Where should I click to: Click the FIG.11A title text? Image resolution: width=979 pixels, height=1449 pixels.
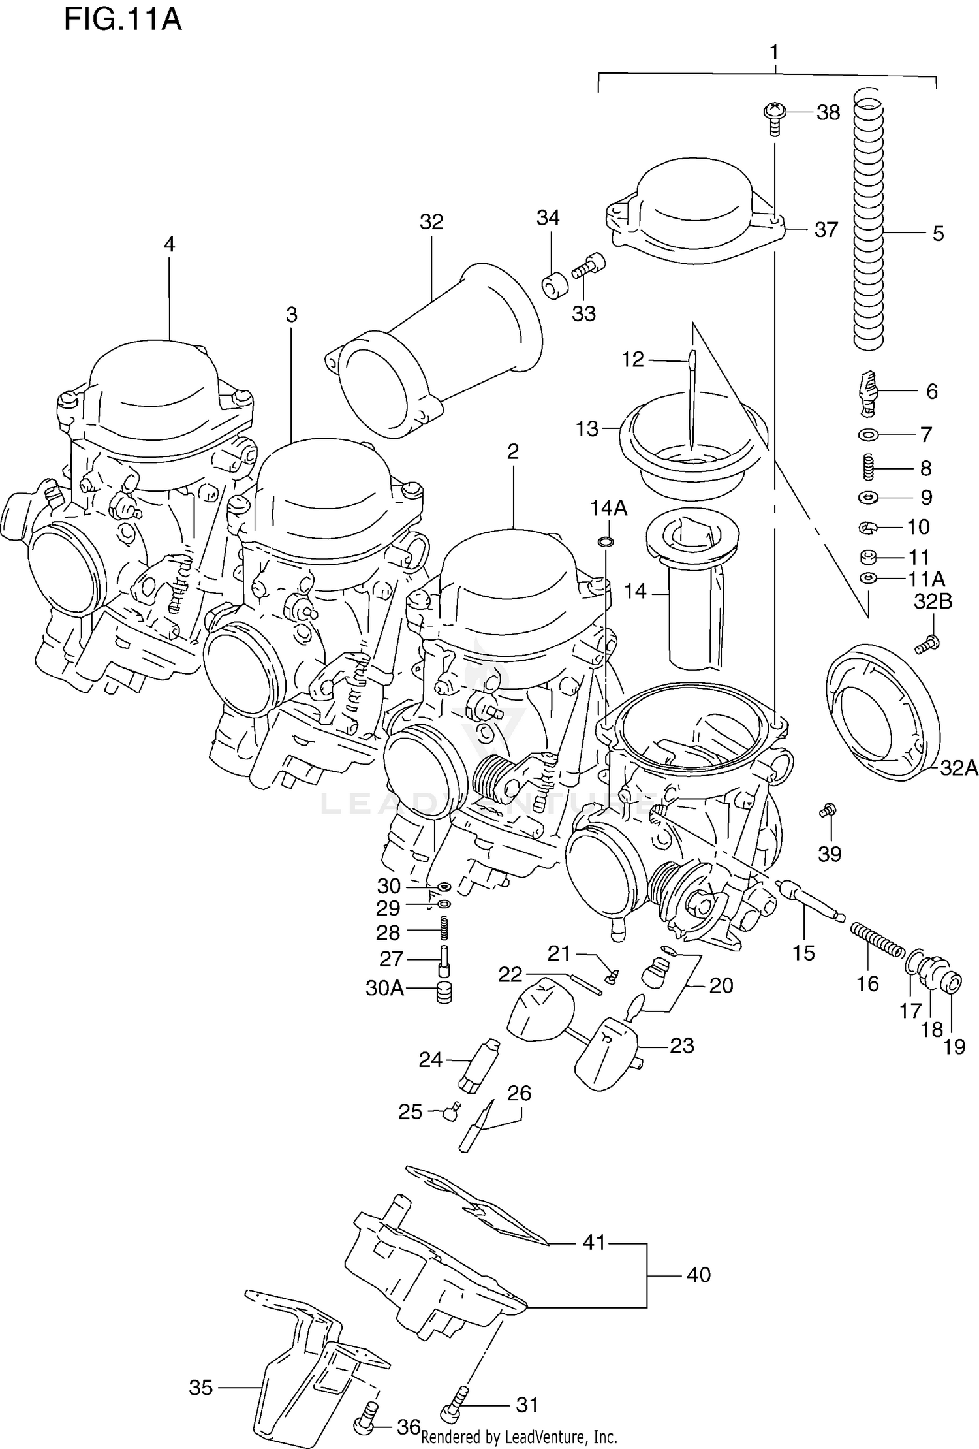coord(123,20)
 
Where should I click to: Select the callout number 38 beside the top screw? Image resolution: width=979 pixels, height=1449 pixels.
coord(828,113)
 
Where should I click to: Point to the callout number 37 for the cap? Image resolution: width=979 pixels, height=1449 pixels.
coord(826,230)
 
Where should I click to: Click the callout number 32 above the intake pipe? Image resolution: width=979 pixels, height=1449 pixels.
coord(431,222)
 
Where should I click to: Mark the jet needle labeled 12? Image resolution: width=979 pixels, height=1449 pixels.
coord(692,398)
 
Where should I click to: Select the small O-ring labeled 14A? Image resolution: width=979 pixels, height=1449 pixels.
coord(605,541)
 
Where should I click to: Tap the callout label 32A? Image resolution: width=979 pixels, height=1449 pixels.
coord(958,769)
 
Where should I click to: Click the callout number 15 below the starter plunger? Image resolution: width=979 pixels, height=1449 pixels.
coord(803,953)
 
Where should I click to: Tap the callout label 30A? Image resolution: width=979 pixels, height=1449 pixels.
coord(384,988)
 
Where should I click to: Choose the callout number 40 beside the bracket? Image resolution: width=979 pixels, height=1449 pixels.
coord(698,1275)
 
